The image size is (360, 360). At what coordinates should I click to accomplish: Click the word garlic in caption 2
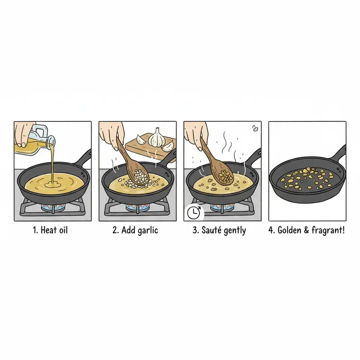coord(146,230)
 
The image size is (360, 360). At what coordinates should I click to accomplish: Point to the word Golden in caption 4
coord(290,230)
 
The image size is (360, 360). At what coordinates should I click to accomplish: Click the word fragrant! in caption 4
coord(328,230)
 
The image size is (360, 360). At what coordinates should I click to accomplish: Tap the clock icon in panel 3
coord(191,211)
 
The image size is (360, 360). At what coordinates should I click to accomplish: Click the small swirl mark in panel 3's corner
coord(256,128)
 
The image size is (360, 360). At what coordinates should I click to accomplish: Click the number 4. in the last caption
coord(271,230)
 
